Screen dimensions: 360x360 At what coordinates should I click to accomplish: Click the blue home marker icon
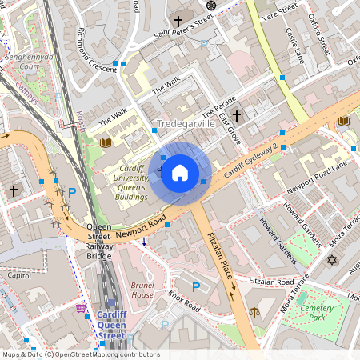point(180,173)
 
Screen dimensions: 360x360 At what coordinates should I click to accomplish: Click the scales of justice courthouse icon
point(255,313)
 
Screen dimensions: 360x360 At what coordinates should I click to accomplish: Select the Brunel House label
point(142,289)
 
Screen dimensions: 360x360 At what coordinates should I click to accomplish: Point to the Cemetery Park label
point(323,312)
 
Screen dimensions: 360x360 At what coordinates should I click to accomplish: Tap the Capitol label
point(18,274)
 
